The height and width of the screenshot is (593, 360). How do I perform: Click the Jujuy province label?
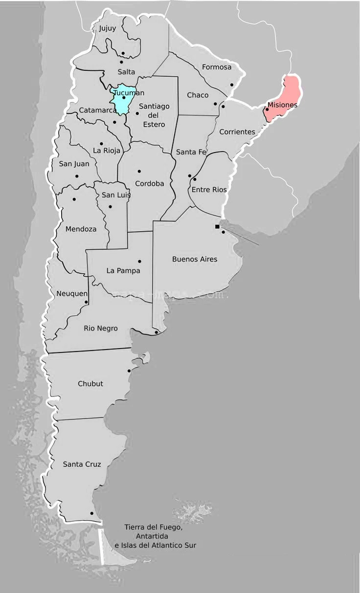pyautogui.click(x=108, y=28)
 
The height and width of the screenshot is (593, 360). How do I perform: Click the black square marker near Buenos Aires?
pyautogui.click(x=217, y=226)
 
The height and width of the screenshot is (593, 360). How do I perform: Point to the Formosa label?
pyautogui.click(x=217, y=67)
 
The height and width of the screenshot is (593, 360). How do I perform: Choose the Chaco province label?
pyautogui.click(x=198, y=95)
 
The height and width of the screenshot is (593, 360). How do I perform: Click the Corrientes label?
pyautogui.click(x=237, y=132)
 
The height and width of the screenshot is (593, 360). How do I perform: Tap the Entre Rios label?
pyautogui.click(x=209, y=190)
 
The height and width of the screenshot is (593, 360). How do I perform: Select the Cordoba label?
pyautogui.click(x=150, y=184)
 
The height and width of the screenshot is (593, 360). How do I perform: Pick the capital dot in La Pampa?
pyautogui.click(x=139, y=261)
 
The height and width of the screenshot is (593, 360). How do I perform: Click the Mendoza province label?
pyautogui.click(x=81, y=229)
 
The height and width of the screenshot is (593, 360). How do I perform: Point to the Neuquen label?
pyautogui.click(x=72, y=293)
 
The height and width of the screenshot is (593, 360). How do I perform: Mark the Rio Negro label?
pyautogui.click(x=101, y=329)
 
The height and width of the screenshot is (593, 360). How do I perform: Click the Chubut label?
pyautogui.click(x=90, y=384)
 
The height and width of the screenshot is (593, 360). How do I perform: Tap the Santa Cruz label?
pyautogui.click(x=82, y=464)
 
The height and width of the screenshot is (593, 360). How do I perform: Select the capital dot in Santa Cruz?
pyautogui.click(x=91, y=513)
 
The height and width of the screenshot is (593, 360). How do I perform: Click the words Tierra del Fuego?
pyautogui.click(x=154, y=527)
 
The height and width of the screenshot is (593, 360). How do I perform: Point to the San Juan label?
pyautogui.click(x=74, y=164)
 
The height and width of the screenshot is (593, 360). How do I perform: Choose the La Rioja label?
pyautogui.click(x=107, y=151)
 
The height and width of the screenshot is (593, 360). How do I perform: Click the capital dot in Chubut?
pyautogui.click(x=129, y=371)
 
